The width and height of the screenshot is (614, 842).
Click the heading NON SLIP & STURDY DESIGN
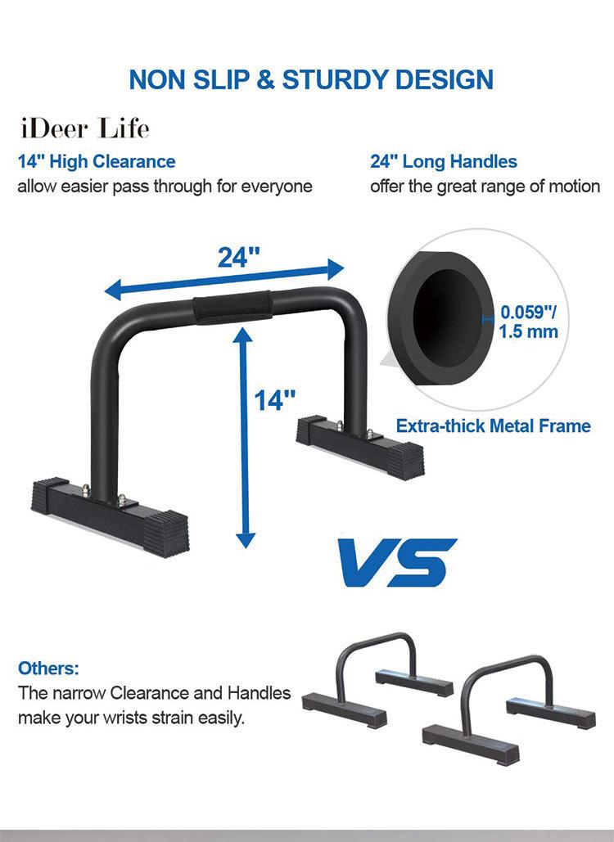click(x=311, y=79)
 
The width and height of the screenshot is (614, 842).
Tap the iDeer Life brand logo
click(x=84, y=128)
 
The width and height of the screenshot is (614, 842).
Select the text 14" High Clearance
click(x=97, y=162)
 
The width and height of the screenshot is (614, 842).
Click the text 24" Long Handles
click(x=444, y=162)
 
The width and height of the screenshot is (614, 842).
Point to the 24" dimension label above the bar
click(x=238, y=257)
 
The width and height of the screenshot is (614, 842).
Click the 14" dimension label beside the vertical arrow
click(x=274, y=400)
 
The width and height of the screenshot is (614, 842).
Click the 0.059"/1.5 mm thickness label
click(x=529, y=322)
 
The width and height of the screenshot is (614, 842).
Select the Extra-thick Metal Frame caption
click(x=493, y=426)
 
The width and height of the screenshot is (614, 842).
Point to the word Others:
click(x=48, y=669)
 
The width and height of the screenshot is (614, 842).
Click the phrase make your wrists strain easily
click(x=131, y=718)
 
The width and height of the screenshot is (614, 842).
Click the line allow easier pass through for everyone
click(x=165, y=187)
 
